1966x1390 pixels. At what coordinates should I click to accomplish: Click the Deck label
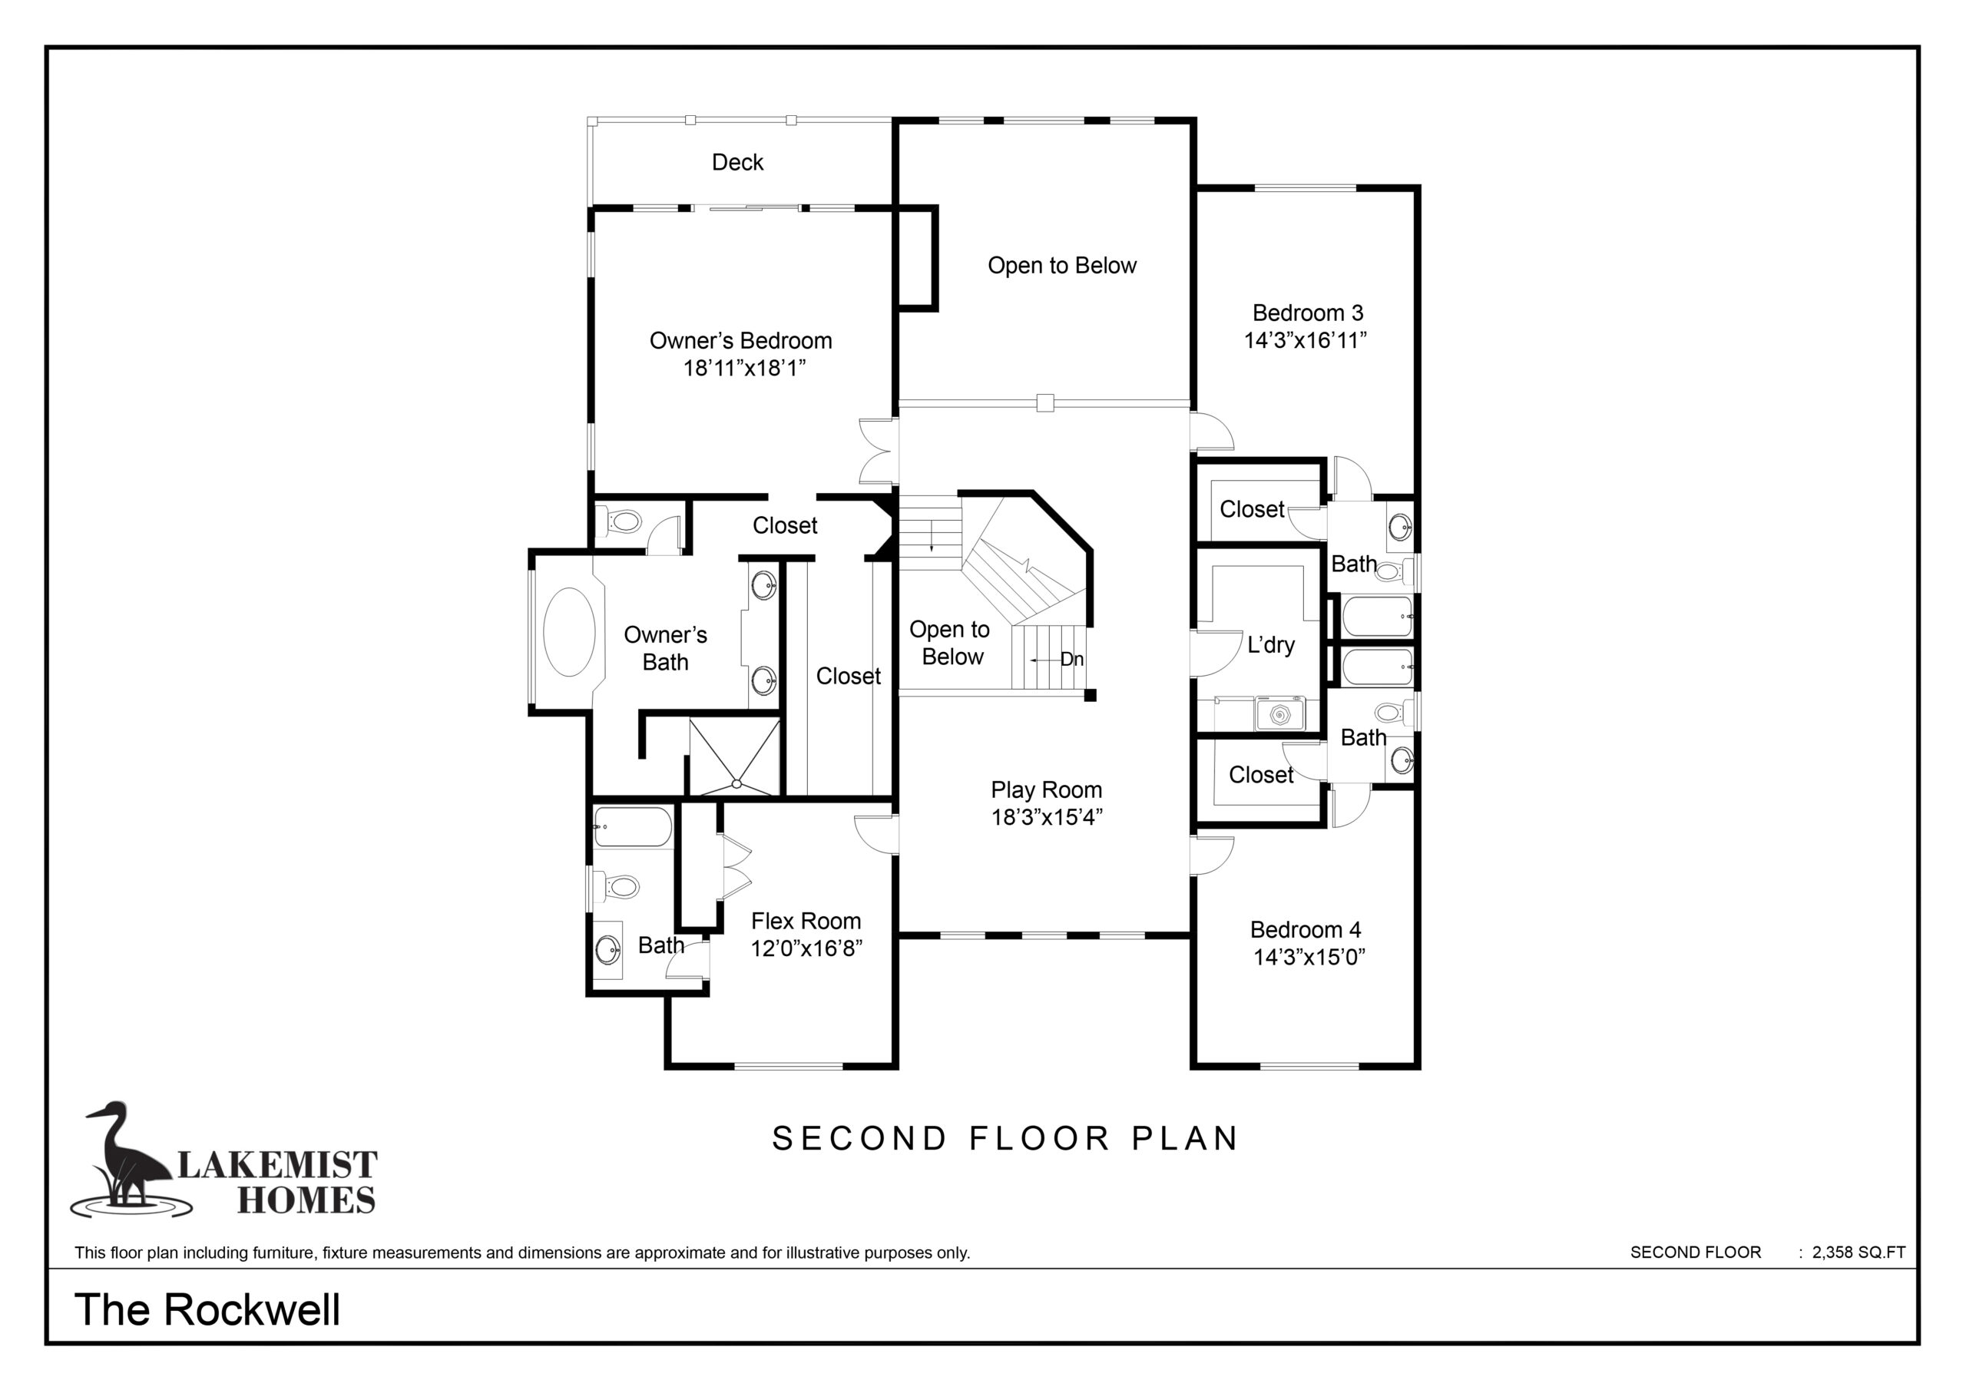pyautogui.click(x=737, y=162)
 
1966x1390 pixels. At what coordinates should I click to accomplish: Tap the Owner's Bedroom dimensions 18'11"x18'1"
pyautogui.click(x=744, y=369)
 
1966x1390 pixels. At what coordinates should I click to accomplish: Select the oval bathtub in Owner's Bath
pyautogui.click(x=569, y=632)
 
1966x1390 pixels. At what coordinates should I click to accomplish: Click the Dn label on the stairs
pyautogui.click(x=1072, y=659)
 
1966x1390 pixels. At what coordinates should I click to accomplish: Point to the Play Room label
pyautogui.click(x=1047, y=789)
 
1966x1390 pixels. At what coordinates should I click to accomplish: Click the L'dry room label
pyautogui.click(x=1271, y=645)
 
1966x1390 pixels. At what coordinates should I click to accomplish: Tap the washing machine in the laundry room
pyautogui.click(x=1279, y=713)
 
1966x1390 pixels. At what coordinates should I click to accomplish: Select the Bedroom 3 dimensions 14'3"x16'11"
pyautogui.click(x=1305, y=340)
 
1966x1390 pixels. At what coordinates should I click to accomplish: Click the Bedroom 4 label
pyautogui.click(x=1305, y=929)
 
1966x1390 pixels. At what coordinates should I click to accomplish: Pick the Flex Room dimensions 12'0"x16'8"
pyautogui.click(x=806, y=948)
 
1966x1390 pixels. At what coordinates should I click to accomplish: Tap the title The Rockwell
pyautogui.click(x=207, y=1309)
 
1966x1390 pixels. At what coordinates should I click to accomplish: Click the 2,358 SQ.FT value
pyautogui.click(x=1859, y=1252)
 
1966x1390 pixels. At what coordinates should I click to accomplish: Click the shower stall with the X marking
pyautogui.click(x=735, y=757)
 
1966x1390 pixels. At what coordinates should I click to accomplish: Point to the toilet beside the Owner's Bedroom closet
pyautogui.click(x=623, y=521)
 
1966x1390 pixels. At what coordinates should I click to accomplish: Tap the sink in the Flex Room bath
pyautogui.click(x=608, y=948)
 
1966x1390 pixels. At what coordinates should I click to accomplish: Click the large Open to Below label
pyautogui.click(x=1062, y=266)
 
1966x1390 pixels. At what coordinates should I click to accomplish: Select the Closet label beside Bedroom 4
pyautogui.click(x=1260, y=775)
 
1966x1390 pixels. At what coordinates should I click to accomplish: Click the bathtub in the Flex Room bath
pyautogui.click(x=633, y=827)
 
